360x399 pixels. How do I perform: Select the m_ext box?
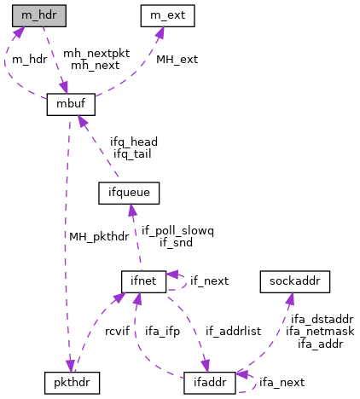tap(167, 14)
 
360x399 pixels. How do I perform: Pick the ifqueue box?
tap(125, 194)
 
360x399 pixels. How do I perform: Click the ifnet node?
tap(143, 280)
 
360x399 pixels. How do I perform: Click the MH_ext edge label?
tap(177, 60)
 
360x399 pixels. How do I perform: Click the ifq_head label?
tap(134, 142)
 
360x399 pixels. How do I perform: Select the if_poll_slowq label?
tap(177, 230)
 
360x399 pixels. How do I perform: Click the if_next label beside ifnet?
tap(210, 280)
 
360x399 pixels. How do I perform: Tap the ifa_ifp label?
tap(161, 331)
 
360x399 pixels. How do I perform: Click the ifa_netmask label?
tap(319, 331)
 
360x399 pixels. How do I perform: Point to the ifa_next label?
tap(281, 383)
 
